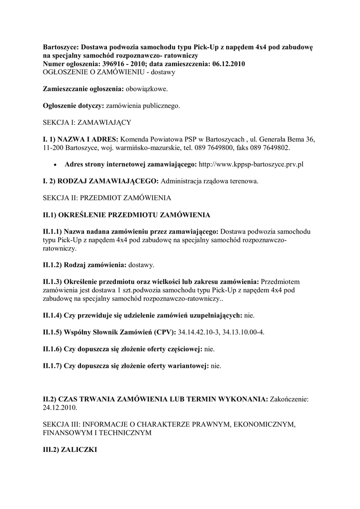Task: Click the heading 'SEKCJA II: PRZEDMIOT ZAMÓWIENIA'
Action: [107, 198]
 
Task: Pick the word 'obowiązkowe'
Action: [148, 89]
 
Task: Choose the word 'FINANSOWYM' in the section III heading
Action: [67, 432]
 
